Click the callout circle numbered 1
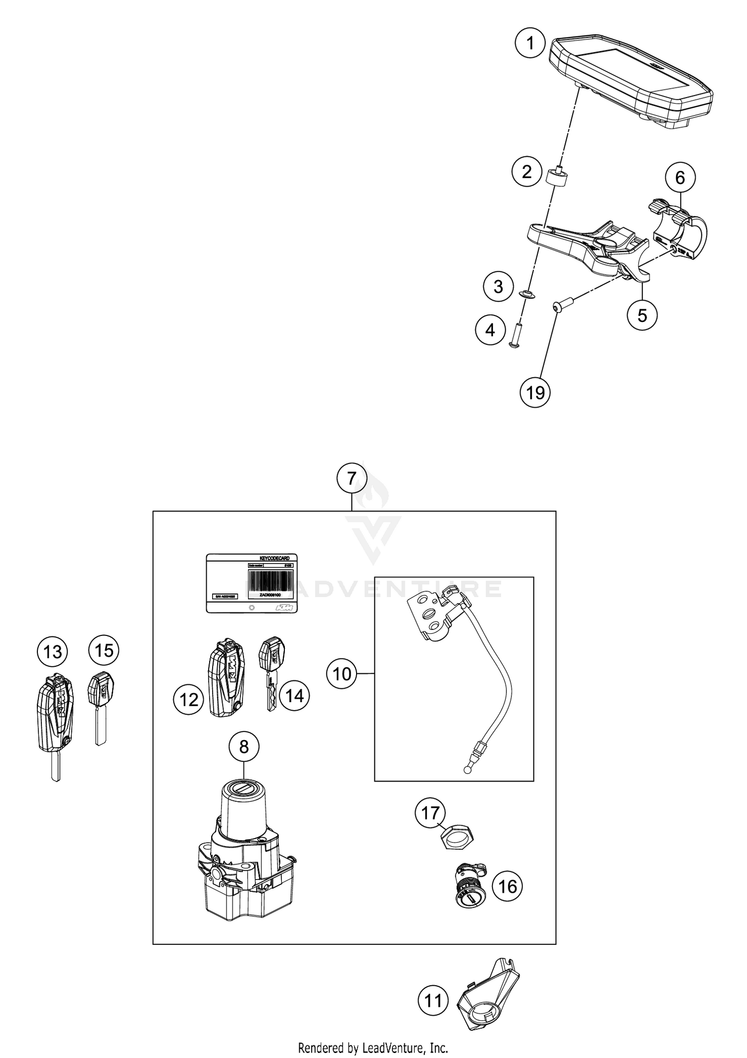530,44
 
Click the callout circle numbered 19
535,393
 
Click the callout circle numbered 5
642,315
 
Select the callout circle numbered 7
352,478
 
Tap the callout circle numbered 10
342,674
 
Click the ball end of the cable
467,770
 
